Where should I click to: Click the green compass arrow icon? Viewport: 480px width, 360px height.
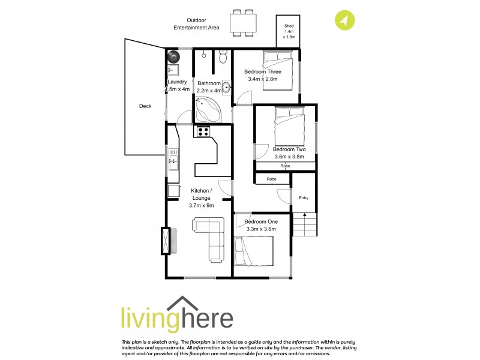point(343,20)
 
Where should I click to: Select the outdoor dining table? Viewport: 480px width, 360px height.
point(243,22)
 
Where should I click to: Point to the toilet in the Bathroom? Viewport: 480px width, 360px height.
point(223,58)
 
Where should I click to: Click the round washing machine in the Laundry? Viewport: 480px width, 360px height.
point(173,56)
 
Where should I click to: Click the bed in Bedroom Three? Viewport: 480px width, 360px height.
point(277,72)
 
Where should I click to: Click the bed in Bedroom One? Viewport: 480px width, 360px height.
point(255,250)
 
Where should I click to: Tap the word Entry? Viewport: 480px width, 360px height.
point(303,197)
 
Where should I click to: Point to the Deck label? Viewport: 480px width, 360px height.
point(145,106)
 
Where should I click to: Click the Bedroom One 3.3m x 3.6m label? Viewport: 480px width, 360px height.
point(260,225)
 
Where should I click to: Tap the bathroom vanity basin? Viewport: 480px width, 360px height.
point(227,88)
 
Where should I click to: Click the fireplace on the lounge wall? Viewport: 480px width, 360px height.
point(165,241)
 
